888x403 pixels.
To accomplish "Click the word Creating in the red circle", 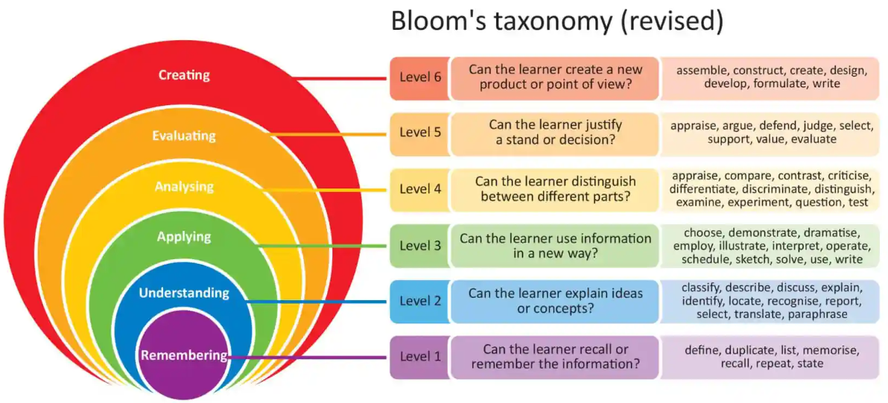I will tap(184, 75).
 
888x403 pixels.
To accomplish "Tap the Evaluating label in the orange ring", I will tap(184, 136).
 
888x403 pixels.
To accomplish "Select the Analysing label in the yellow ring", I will tap(184, 186).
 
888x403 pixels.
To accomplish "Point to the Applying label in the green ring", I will tap(184, 237).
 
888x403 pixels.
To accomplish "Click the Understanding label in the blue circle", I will tap(184, 293).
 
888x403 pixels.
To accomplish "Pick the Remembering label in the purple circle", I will tap(184, 355).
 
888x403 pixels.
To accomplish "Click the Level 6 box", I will tap(419, 77).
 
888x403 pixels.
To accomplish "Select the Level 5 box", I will tap(419, 133).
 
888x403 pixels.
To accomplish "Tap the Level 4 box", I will tap(419, 189).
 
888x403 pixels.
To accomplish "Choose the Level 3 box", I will tap(419, 245).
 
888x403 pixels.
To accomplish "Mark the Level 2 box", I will tap(419, 301).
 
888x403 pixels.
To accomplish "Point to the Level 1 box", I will tap(419, 357).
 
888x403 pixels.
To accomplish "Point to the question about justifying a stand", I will tap(555, 133).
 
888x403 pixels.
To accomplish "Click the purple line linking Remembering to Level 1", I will tap(313, 358).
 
